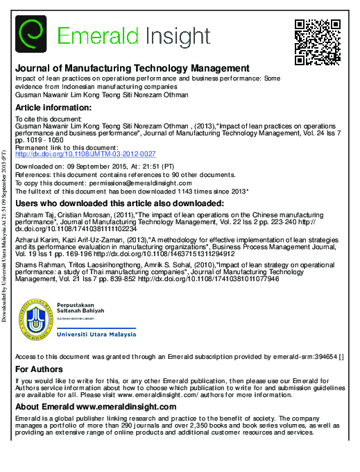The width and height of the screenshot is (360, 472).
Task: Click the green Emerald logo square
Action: click(31, 34)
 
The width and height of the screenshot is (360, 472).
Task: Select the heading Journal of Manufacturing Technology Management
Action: click(132, 69)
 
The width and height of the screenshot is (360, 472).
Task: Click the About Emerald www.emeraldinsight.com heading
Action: click(96, 407)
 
